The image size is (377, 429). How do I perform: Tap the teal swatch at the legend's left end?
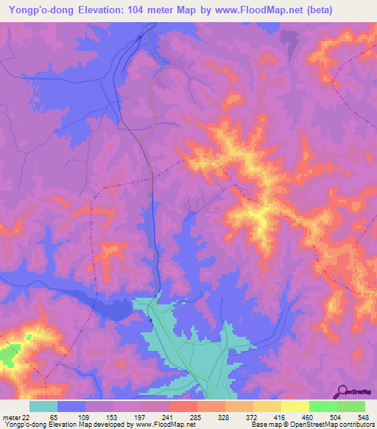coord(43,406)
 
